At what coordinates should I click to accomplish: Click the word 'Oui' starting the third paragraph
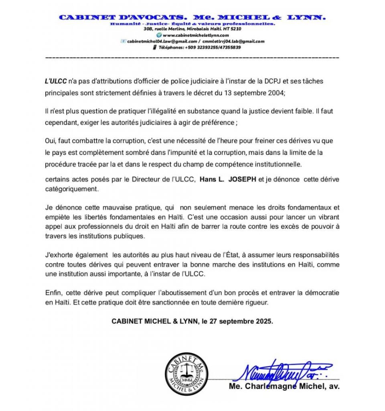(x=50, y=141)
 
